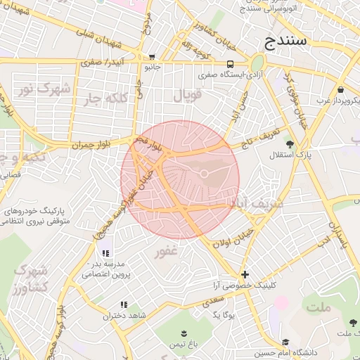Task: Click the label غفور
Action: coord(166,251)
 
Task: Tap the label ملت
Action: coord(319,308)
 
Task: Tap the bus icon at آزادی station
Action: coord(230,64)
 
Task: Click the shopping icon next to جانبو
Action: coord(152,58)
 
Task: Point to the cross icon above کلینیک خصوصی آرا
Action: coord(245,274)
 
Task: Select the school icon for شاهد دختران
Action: coord(124,304)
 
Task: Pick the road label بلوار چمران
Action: coord(91,144)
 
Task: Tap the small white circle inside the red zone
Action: coord(204,173)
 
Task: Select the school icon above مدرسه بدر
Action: coord(105,253)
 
